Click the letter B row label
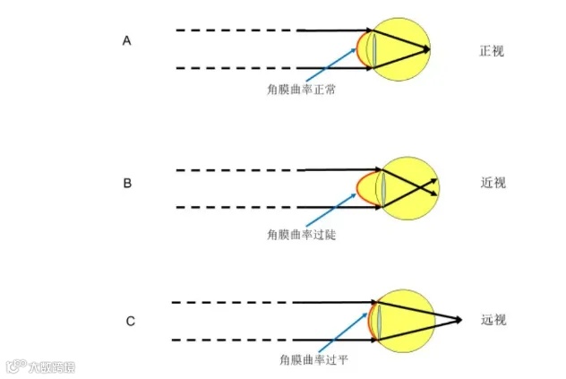127,184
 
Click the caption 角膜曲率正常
296,90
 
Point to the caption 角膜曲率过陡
295,233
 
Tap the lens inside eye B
382,187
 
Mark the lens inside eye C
380,320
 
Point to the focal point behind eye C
460,320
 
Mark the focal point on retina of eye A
429,48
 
